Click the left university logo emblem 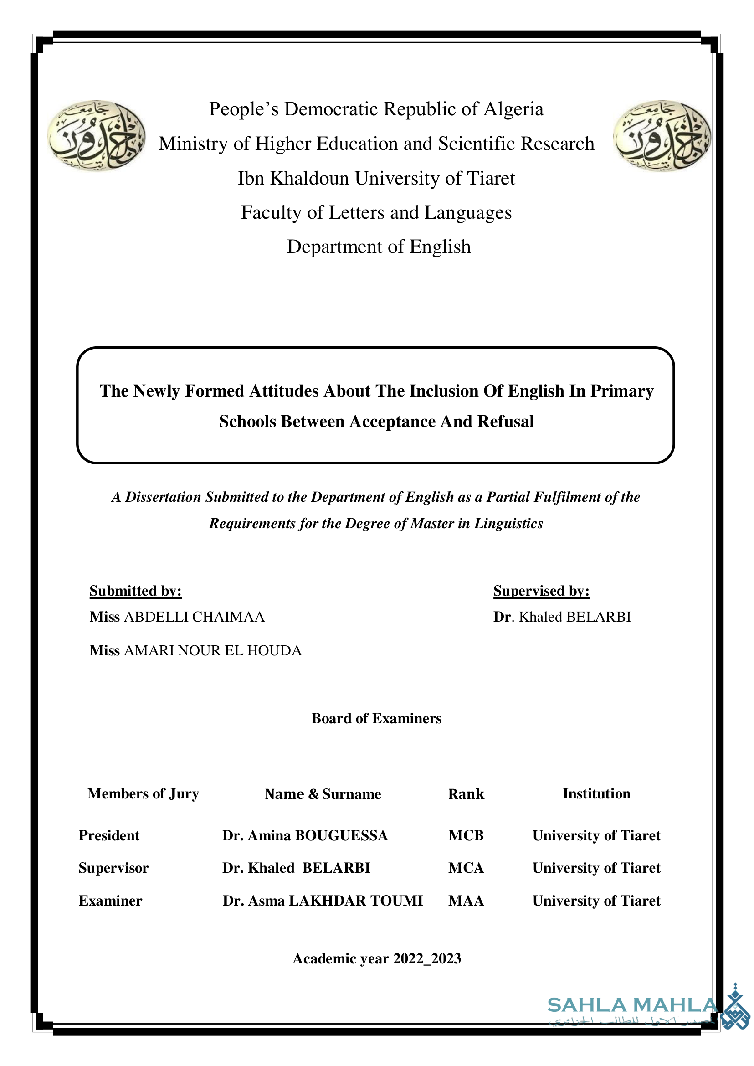[x=96, y=136]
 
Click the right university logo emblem [x=662, y=136]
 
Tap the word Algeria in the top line [x=513, y=109]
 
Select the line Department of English [x=379, y=247]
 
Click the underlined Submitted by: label [x=136, y=591]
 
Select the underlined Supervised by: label [x=541, y=591]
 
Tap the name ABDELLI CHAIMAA [x=194, y=617]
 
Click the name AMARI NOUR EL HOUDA [x=213, y=650]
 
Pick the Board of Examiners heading [x=376, y=719]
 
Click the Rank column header [x=466, y=794]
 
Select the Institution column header [x=597, y=793]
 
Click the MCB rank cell [x=466, y=835]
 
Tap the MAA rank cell [x=466, y=901]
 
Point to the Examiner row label [x=111, y=901]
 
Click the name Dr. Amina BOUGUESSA [x=305, y=835]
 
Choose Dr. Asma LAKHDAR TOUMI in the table [x=323, y=901]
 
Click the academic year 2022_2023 [x=427, y=958]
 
